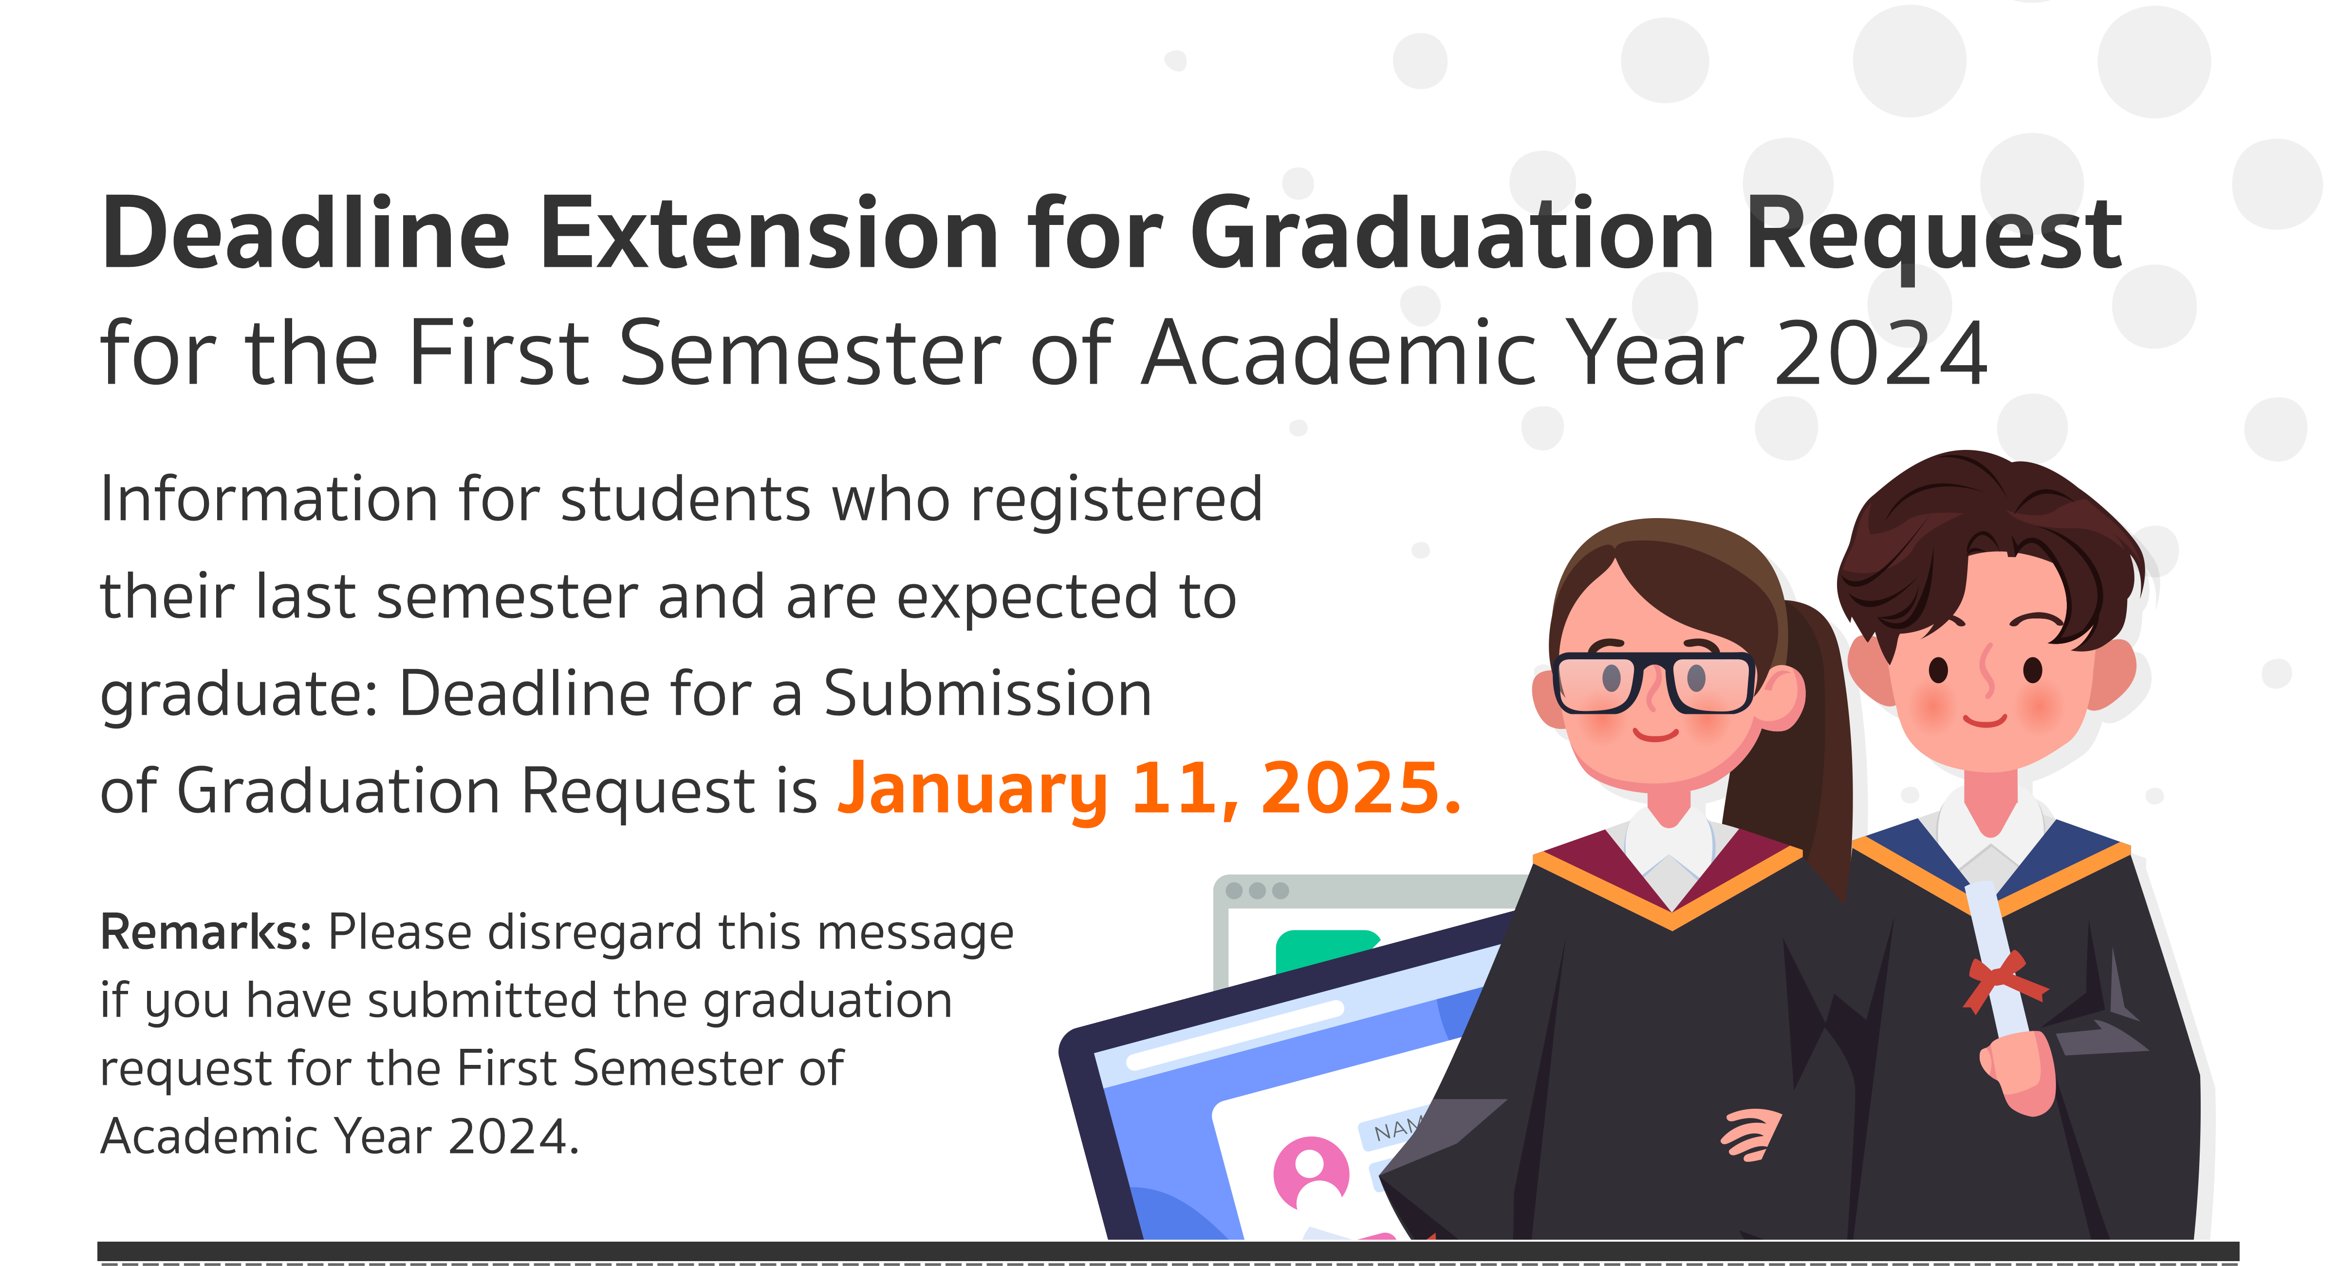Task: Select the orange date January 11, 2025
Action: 1150,789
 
